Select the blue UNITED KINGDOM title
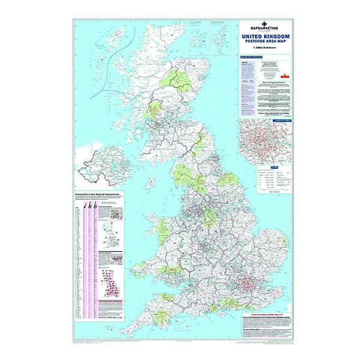(266, 37)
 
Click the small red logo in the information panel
(284, 77)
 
